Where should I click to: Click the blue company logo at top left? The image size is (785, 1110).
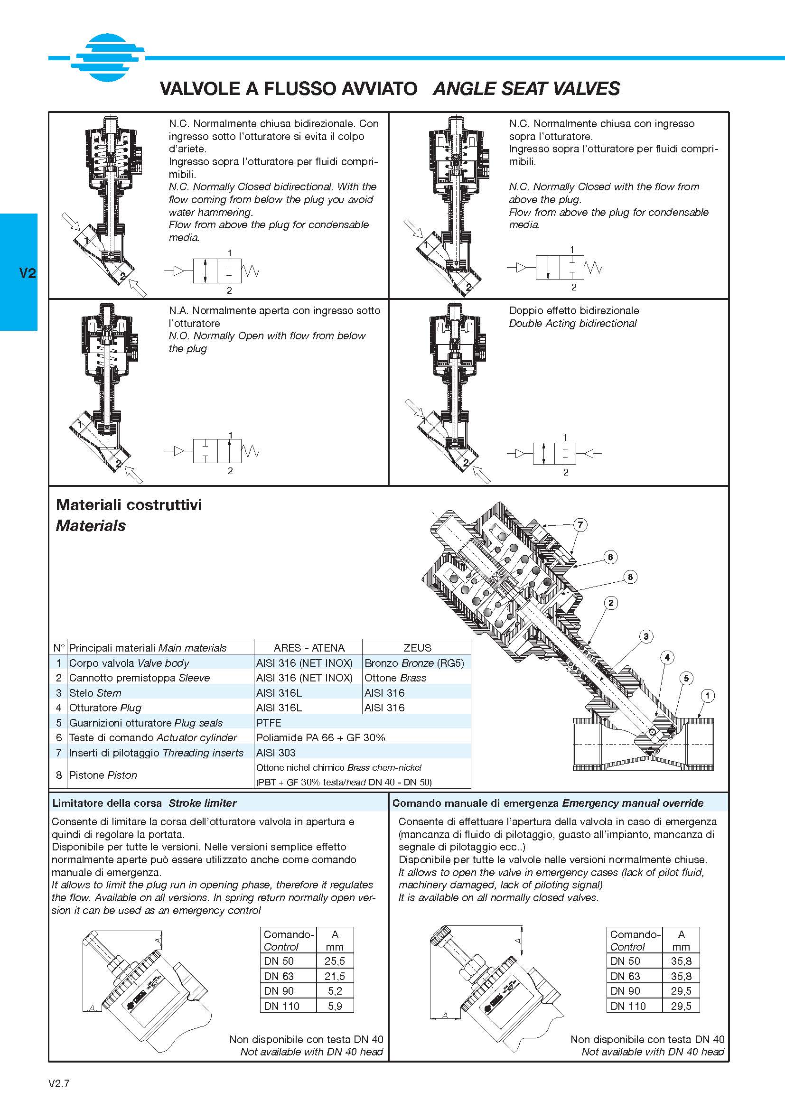[107, 57]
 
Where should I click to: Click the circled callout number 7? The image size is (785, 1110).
[580, 524]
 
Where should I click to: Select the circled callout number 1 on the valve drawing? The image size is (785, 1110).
[708, 696]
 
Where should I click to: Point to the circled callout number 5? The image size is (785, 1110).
[686, 678]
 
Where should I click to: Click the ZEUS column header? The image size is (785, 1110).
[417, 648]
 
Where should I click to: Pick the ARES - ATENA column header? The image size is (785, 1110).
[309, 648]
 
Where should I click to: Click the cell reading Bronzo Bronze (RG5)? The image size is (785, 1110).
[414, 663]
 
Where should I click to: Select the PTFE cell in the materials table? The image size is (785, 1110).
[269, 723]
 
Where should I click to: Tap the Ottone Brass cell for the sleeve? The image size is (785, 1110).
[395, 678]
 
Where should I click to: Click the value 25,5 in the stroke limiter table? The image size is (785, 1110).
[335, 961]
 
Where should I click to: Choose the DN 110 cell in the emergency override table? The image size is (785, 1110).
[628, 1006]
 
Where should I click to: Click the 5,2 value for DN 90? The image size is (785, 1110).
[335, 991]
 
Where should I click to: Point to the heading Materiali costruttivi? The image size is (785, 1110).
[129, 505]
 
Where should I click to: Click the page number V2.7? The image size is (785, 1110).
[59, 1083]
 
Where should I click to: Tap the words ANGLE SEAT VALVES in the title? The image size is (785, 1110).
[526, 88]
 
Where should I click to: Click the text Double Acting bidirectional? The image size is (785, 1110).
[573, 324]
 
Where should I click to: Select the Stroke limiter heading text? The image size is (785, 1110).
[203, 803]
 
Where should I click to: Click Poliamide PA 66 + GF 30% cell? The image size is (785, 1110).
[320, 738]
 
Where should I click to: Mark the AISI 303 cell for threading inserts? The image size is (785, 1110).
[276, 753]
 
